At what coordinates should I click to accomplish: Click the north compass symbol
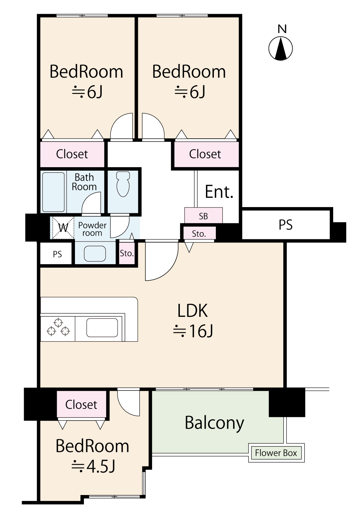[281, 48]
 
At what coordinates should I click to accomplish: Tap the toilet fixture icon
[123, 184]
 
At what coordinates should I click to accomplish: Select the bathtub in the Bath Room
[53, 192]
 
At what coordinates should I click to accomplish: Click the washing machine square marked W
[63, 227]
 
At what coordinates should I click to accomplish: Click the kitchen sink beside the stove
[102, 328]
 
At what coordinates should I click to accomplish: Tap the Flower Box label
[276, 453]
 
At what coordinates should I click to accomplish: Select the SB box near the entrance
[203, 216]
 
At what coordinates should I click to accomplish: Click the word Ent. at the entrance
[219, 192]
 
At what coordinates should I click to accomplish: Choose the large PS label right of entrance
[285, 225]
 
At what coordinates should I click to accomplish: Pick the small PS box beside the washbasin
[57, 254]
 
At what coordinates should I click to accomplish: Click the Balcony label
[214, 423]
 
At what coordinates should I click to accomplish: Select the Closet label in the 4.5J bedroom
[81, 405]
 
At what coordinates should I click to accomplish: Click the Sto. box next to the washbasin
[127, 253]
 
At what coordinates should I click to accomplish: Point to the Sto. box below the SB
[199, 234]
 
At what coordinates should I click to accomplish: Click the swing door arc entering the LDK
[162, 261]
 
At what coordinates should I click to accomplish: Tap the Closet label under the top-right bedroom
[205, 154]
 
